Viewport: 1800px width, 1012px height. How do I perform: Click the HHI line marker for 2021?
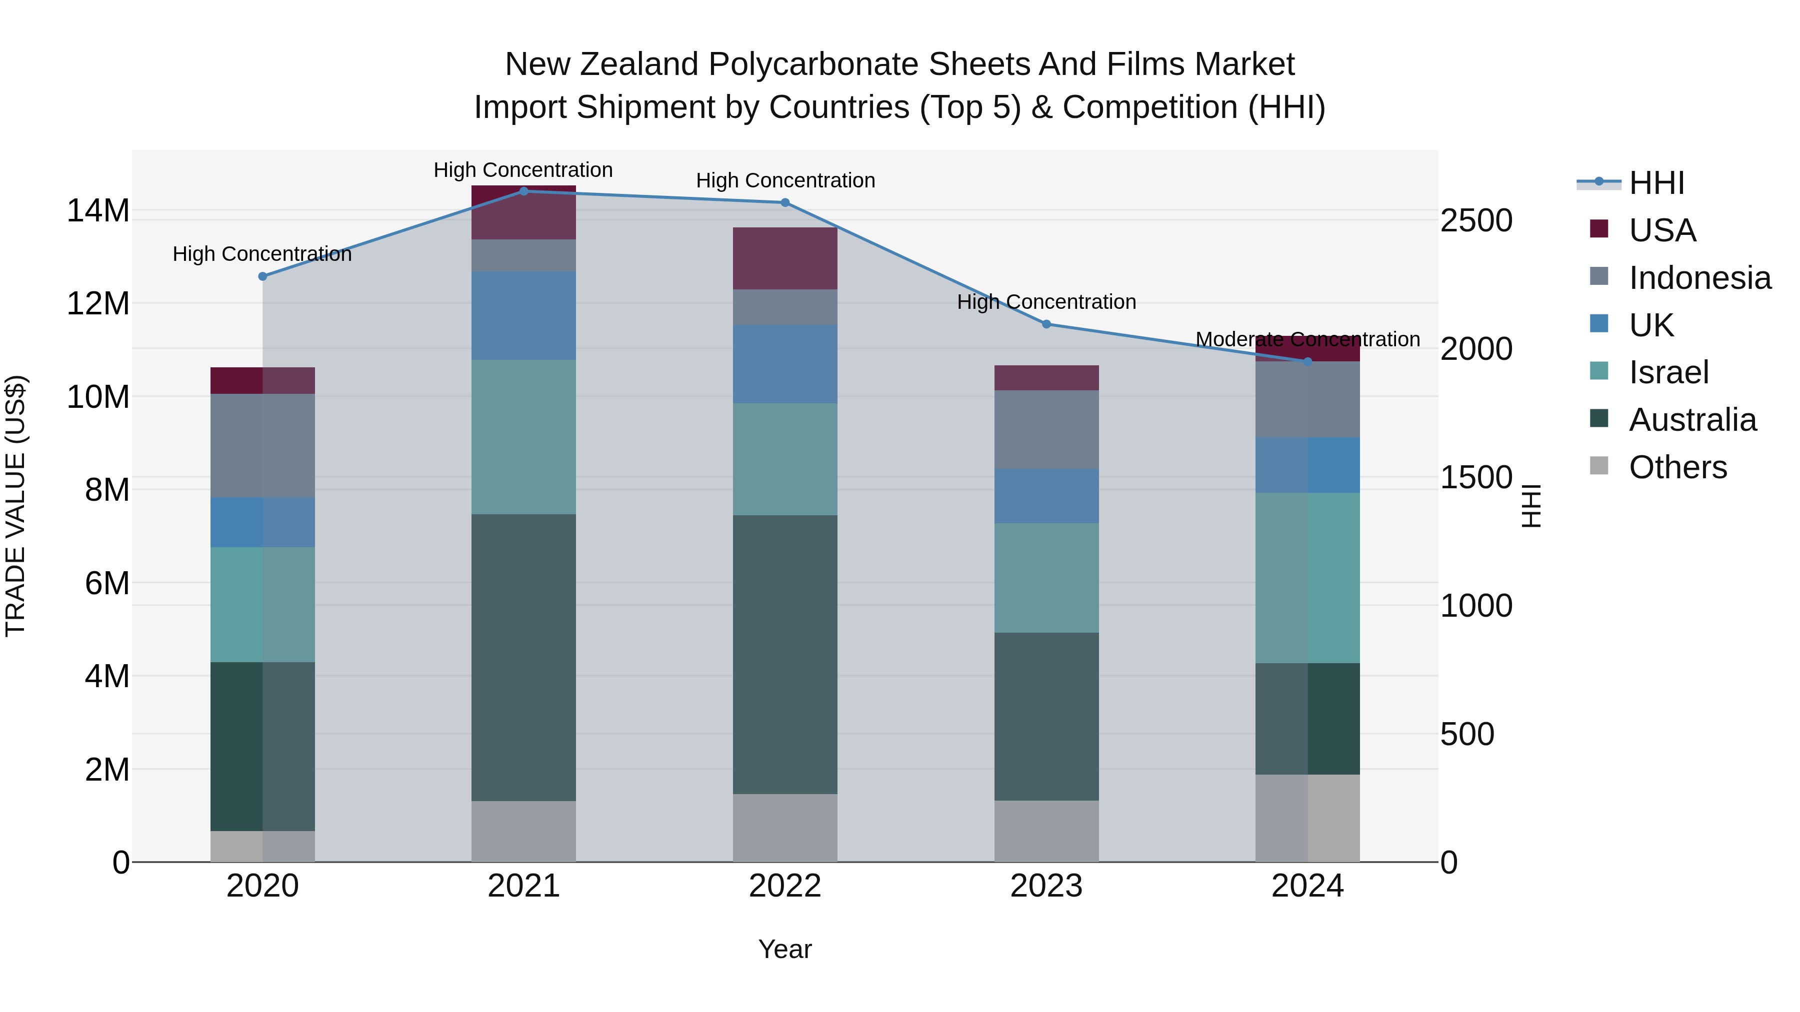(523, 191)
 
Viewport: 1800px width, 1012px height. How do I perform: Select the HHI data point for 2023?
(1046, 324)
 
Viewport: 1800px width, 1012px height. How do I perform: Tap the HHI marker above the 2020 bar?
(262, 276)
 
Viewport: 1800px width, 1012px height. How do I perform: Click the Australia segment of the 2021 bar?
(523, 657)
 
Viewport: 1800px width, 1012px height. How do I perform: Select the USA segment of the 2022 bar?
(784, 258)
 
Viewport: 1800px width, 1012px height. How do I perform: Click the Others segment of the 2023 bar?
(1046, 831)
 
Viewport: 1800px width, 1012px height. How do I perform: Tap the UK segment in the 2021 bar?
(523, 316)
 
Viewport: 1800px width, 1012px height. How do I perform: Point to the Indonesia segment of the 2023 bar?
(1046, 429)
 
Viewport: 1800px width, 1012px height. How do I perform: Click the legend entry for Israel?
(1668, 372)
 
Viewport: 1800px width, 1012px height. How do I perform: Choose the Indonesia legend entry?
(1699, 278)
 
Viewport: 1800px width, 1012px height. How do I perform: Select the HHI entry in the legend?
(1656, 183)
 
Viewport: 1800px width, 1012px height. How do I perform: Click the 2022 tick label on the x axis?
(784, 886)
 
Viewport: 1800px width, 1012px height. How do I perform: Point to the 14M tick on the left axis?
(98, 211)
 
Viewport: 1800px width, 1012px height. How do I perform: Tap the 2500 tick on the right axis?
(1476, 221)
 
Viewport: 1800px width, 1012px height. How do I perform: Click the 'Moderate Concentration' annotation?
(1307, 339)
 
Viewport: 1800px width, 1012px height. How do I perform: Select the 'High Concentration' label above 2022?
(784, 180)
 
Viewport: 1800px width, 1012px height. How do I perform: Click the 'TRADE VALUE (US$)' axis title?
(16, 506)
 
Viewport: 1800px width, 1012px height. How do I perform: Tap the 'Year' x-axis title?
(784, 949)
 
